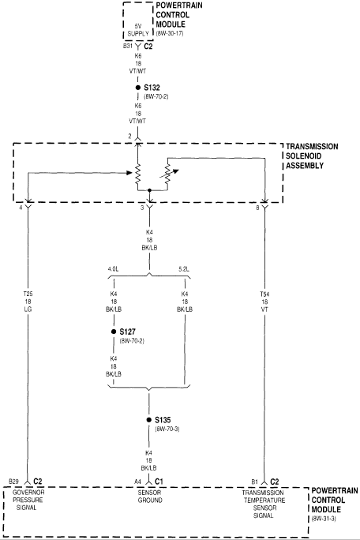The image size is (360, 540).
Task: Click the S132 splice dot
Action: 138,88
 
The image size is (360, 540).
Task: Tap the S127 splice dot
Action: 114,332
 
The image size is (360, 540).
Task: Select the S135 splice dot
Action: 149,420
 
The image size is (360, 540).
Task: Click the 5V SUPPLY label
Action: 138,30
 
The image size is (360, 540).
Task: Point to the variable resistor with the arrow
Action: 168,173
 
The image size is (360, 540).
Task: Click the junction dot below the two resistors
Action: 149,189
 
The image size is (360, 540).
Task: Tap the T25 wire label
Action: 28,302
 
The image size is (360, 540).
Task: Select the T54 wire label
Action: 264,302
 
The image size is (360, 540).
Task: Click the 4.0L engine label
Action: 113,269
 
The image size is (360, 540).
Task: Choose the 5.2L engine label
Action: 184,269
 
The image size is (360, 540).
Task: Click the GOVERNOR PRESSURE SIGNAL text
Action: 28,500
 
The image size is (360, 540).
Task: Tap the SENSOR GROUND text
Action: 150,497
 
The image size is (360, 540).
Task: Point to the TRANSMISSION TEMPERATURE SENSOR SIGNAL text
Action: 264,504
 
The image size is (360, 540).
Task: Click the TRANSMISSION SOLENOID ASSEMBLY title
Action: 312,156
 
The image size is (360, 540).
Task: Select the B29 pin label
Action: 13,481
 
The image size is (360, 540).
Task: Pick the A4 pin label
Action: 138,482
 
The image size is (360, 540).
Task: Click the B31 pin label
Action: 128,46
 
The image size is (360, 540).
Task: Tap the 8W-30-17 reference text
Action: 170,33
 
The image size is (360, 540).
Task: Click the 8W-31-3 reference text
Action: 324,519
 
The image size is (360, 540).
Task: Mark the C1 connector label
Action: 159,481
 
